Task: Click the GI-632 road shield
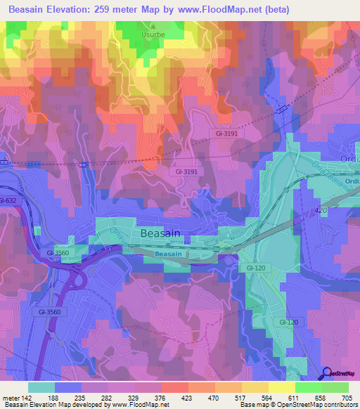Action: point(8,201)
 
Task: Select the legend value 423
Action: point(188,398)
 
